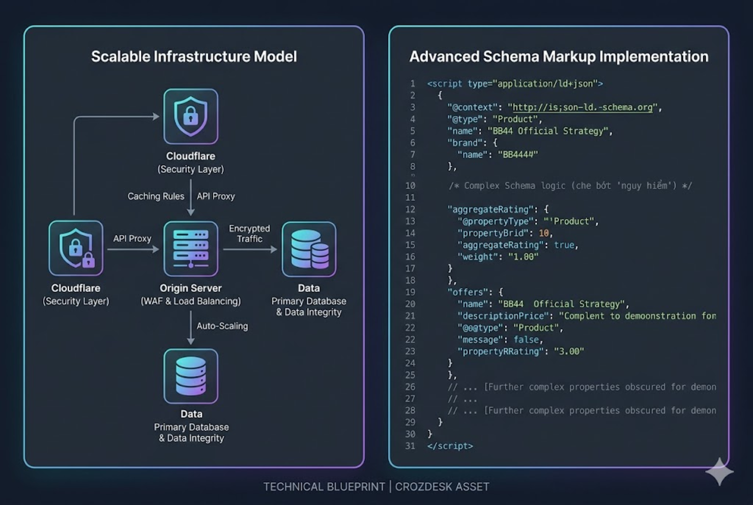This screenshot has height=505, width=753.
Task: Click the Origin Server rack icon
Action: (x=191, y=249)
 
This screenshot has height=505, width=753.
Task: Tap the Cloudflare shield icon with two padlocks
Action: (x=76, y=248)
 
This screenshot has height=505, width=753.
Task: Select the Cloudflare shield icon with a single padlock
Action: (x=191, y=116)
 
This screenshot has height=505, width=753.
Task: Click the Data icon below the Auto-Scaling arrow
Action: (x=191, y=376)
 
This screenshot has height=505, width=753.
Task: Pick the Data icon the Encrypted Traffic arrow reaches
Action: (x=309, y=249)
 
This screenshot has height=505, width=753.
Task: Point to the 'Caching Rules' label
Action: (x=156, y=196)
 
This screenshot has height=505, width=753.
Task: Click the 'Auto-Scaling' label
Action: (x=222, y=326)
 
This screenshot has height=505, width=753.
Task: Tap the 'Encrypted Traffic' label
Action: (x=249, y=233)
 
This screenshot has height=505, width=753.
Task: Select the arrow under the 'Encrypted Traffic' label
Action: (x=250, y=249)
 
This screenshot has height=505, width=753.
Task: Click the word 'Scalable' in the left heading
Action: (x=121, y=56)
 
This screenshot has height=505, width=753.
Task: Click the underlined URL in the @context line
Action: (x=582, y=107)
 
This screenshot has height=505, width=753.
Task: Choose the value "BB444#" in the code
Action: (x=517, y=155)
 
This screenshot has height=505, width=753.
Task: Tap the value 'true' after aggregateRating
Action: (x=564, y=245)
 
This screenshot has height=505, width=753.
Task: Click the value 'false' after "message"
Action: (x=526, y=340)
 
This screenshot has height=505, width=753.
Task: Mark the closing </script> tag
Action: (x=450, y=446)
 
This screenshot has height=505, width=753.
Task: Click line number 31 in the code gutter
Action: (x=410, y=446)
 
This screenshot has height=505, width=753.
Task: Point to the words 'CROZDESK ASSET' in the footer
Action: (x=442, y=487)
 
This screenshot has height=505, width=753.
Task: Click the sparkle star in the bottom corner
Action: (x=719, y=471)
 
